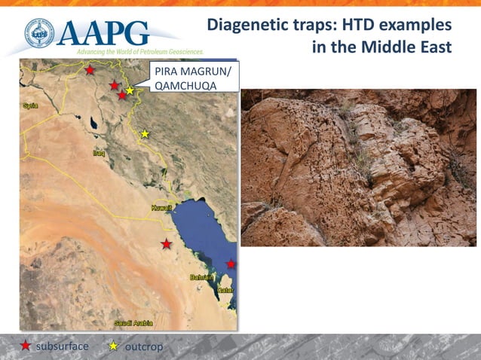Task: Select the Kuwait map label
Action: [161, 207]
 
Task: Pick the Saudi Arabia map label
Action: [133, 323]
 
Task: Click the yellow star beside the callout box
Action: [130, 90]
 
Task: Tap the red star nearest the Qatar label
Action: [231, 264]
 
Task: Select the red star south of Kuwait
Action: [167, 244]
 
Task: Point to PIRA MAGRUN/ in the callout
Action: [193, 72]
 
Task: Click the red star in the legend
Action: [26, 346]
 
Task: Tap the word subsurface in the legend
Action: [63, 346]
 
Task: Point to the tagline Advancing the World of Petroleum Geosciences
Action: [140, 51]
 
